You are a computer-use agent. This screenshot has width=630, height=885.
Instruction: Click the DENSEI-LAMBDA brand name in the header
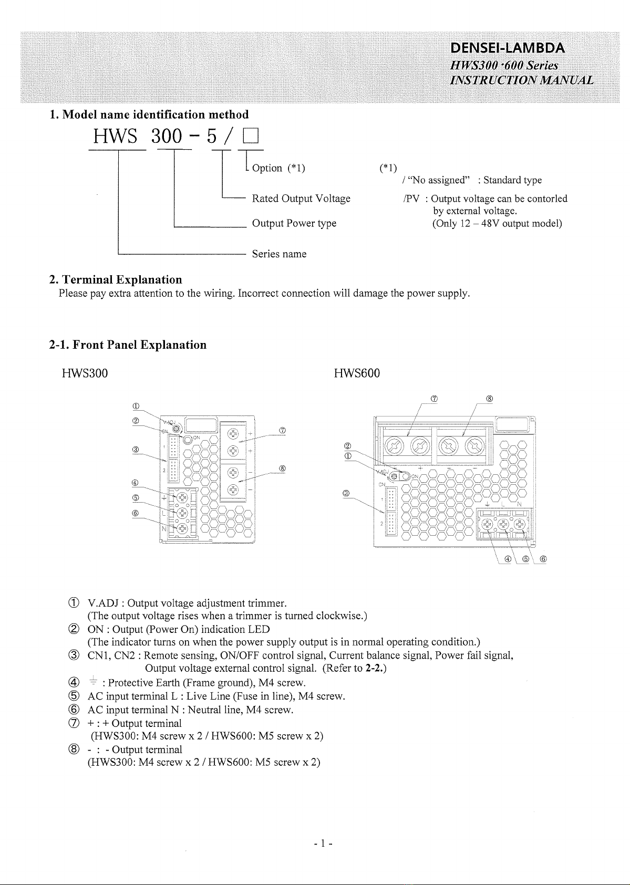pyautogui.click(x=508, y=48)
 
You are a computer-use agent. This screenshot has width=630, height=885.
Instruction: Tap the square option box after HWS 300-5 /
pyautogui.click(x=251, y=137)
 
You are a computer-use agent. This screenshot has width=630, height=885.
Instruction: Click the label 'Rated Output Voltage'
pyautogui.click(x=301, y=199)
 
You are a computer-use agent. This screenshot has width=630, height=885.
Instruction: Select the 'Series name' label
pyautogui.click(x=279, y=254)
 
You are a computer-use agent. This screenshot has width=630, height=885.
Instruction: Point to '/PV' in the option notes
pyautogui.click(x=411, y=199)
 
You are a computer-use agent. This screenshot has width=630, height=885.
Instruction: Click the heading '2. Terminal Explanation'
pyautogui.click(x=116, y=280)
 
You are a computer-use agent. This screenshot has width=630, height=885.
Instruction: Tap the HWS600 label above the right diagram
pyautogui.click(x=356, y=373)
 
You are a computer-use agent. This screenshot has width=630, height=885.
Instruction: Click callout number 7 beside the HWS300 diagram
pyautogui.click(x=282, y=430)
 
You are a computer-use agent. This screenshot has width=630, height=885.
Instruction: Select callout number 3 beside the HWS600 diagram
pyautogui.click(x=346, y=493)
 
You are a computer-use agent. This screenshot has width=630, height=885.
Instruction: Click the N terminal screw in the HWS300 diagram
pyautogui.click(x=182, y=528)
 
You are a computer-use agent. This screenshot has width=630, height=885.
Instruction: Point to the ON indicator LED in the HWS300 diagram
pyautogui.click(x=188, y=439)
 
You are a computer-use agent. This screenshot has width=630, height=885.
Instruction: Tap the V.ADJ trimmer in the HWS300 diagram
pyautogui.click(x=177, y=428)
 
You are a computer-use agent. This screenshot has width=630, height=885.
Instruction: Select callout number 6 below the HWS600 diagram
pyautogui.click(x=543, y=559)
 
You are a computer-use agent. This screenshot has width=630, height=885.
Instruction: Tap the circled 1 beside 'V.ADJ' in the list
pyautogui.click(x=74, y=603)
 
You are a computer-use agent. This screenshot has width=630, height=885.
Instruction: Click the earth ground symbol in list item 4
pyautogui.click(x=93, y=680)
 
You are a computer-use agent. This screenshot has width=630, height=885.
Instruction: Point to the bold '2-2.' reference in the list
pyautogui.click(x=374, y=668)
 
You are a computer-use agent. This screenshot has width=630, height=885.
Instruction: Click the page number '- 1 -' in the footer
pyautogui.click(x=323, y=844)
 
